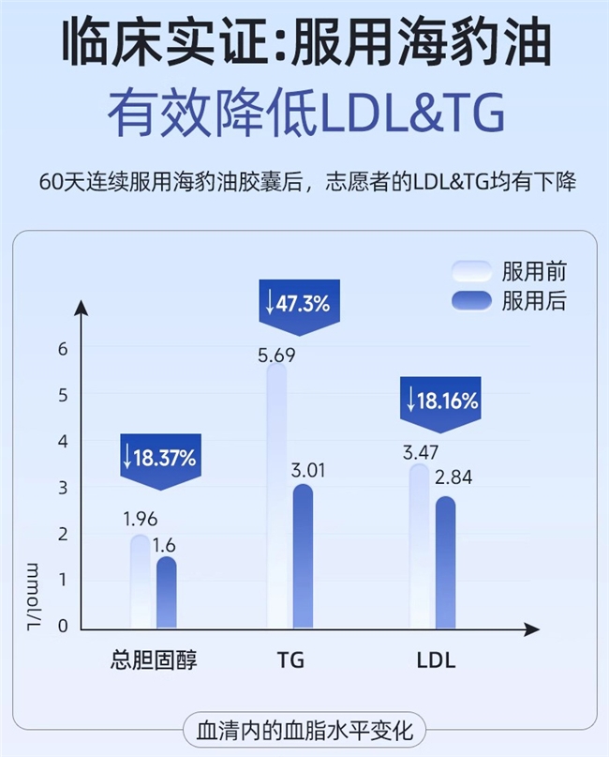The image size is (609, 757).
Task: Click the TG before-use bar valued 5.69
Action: point(277,497)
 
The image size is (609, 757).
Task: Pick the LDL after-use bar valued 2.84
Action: point(445,563)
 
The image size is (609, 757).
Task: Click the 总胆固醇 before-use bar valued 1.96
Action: point(140,582)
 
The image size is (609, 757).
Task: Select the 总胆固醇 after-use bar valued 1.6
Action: point(166,593)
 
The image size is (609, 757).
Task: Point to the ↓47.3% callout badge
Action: point(297,303)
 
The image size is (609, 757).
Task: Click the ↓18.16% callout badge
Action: point(442,401)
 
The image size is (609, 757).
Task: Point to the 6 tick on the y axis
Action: point(64,349)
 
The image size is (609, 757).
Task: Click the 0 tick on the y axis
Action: point(64,626)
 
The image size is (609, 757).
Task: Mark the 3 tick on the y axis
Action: point(64,488)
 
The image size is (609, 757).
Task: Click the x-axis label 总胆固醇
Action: point(154,660)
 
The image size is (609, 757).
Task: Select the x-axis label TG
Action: point(290,660)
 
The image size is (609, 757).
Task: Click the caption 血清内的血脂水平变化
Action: point(304,729)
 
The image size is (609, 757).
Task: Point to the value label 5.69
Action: point(276,356)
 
